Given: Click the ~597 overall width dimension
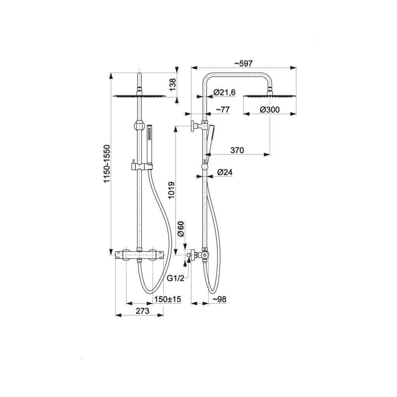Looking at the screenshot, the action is (243, 63).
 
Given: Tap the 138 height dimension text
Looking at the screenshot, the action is (173, 85).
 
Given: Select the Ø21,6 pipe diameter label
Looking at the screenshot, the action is (224, 92).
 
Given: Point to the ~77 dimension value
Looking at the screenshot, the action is (223, 110).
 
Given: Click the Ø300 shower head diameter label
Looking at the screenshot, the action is (270, 110).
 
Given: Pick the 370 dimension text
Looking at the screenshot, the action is (237, 150).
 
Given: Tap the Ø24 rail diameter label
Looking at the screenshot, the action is (225, 173).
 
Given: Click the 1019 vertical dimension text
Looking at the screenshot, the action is (172, 190).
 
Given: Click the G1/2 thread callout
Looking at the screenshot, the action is (176, 278).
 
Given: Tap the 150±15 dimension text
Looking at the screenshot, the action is (167, 299).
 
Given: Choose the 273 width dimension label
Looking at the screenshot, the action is (143, 311).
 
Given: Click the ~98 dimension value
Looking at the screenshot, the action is (219, 299).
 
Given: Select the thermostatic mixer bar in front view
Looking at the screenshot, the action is (140, 255).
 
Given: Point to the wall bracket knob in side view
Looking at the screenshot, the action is (194, 126).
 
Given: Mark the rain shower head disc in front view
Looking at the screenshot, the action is (139, 96).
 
